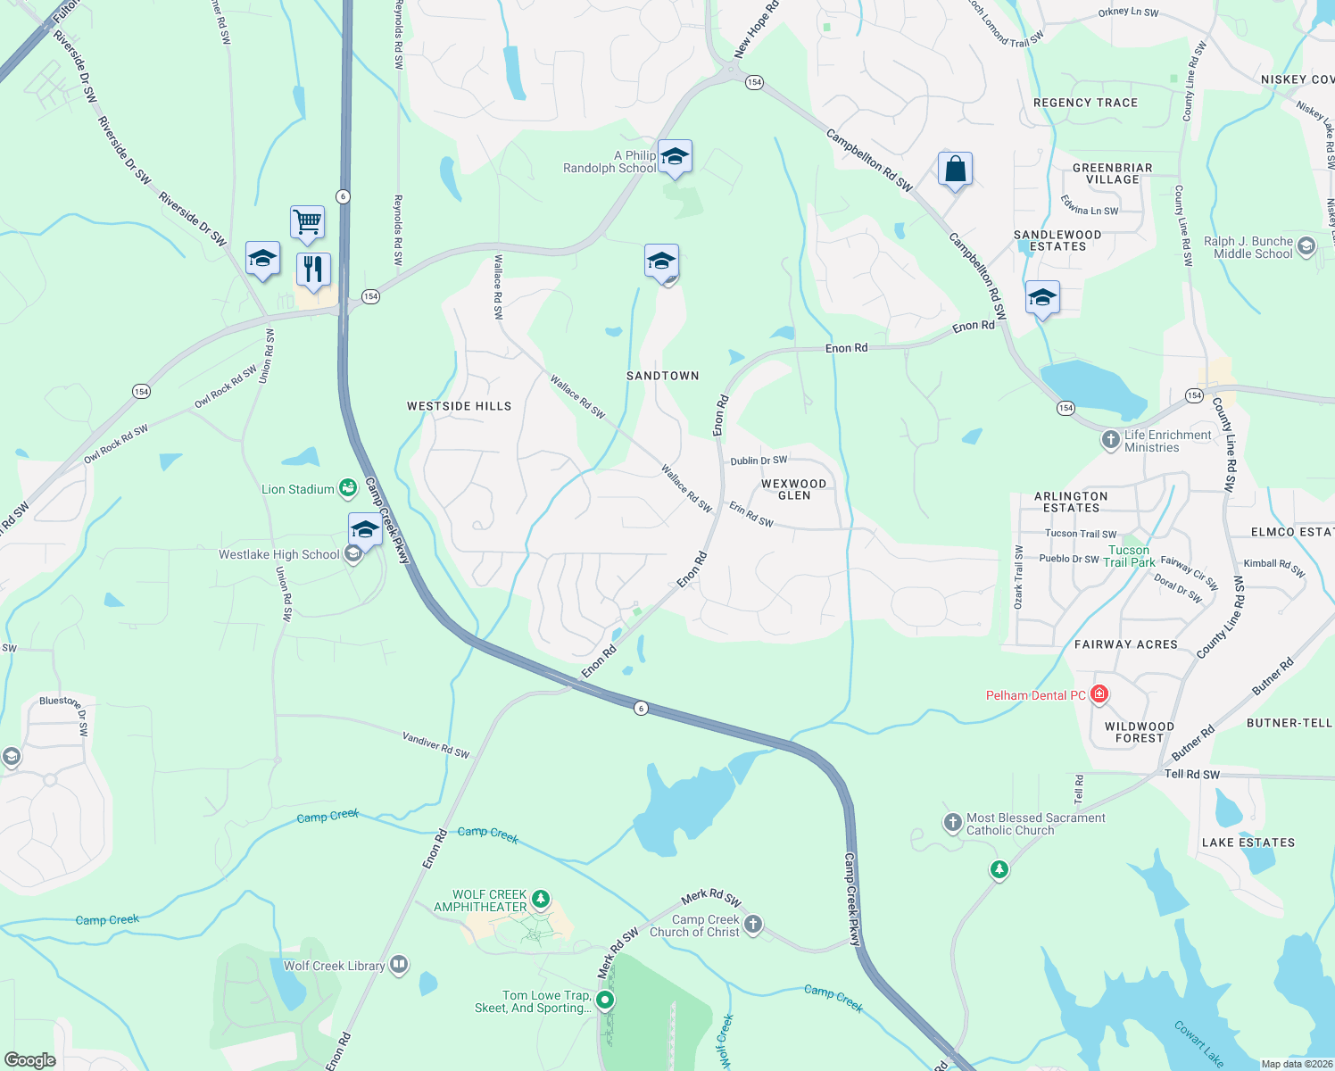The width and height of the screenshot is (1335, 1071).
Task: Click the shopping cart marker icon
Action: [307, 220]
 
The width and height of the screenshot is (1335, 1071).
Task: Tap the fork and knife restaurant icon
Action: [313, 269]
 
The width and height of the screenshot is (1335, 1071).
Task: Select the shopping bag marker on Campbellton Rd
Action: [955, 169]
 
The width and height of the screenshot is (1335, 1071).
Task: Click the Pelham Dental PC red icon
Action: [1099, 694]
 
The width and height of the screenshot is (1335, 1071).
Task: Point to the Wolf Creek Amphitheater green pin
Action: [540, 898]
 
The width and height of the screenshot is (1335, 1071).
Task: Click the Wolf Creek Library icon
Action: [399, 965]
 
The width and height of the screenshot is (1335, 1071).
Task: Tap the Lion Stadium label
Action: [298, 489]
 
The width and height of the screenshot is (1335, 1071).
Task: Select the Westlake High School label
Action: [279, 554]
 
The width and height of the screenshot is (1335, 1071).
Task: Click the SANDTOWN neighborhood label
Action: [662, 376]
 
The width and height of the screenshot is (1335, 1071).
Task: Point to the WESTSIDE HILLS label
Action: [460, 406]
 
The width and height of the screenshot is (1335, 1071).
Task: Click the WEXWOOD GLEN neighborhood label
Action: [793, 489]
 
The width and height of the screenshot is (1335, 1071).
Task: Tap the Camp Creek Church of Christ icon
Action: [753, 924]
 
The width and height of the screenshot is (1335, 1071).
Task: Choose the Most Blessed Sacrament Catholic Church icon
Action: [953, 822]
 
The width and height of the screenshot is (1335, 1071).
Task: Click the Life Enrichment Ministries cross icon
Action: [1111, 439]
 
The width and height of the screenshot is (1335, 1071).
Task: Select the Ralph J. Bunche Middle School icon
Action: [1306, 246]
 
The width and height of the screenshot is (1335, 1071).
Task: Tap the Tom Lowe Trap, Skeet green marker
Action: [606, 1000]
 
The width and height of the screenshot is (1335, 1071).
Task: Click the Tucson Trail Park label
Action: [1129, 556]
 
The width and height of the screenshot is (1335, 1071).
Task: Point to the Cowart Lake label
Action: [1198, 1043]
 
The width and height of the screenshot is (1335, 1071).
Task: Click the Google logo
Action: [30, 1059]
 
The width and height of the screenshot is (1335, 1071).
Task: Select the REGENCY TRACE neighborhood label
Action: [1085, 103]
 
